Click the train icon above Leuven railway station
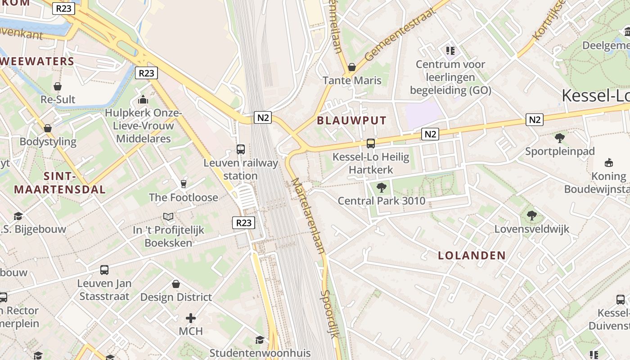241,149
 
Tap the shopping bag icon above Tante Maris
352,67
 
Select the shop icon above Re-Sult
58,86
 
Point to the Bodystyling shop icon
48,128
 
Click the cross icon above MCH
191,318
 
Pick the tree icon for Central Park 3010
382,188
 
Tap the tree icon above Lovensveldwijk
532,216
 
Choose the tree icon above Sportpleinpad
560,138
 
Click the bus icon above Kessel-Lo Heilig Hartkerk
371,143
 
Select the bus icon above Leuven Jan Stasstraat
104,270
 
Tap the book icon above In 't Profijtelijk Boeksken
168,217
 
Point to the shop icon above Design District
176,284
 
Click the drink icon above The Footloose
183,184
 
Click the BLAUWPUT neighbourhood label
352,121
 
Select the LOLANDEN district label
472,256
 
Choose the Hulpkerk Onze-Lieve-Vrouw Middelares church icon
143,99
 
